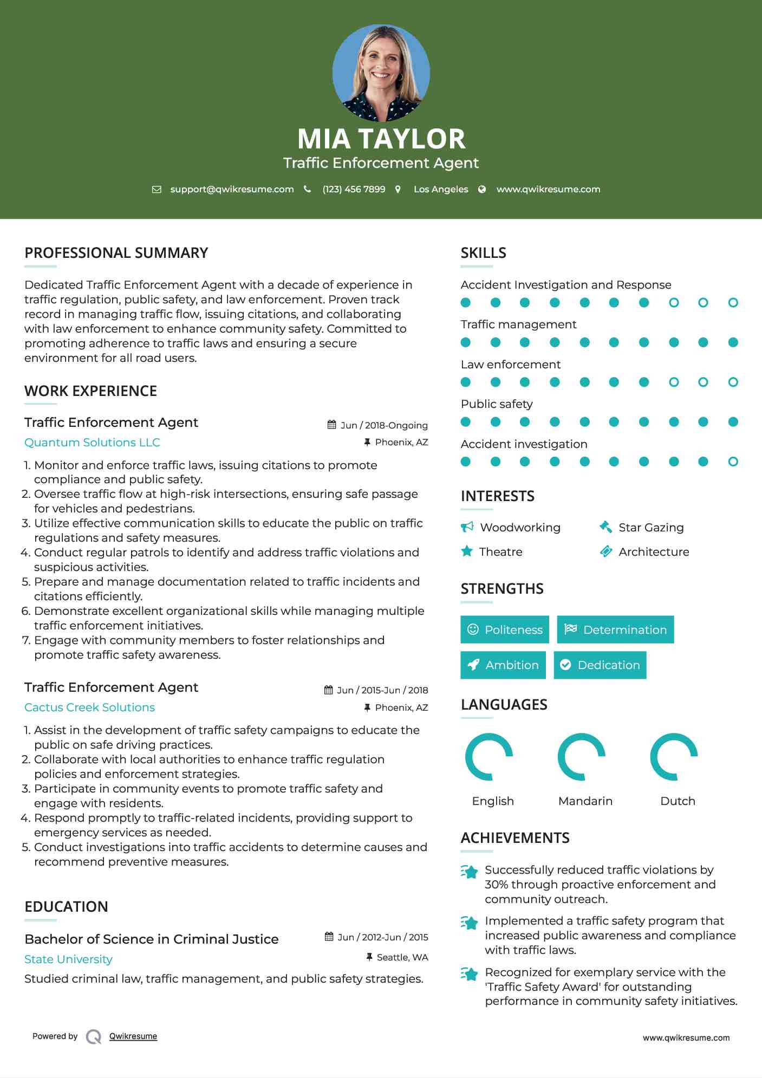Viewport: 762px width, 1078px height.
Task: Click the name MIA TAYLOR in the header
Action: click(x=381, y=139)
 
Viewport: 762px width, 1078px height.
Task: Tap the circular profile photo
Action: click(x=381, y=73)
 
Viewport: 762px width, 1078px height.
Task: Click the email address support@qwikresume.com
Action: click(x=232, y=189)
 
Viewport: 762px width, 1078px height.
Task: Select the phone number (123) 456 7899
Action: click(x=354, y=189)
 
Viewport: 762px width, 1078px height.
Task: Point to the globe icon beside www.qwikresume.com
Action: click(x=482, y=189)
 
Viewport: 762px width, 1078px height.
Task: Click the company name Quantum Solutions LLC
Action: click(x=92, y=443)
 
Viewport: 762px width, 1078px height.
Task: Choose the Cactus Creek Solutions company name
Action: click(x=89, y=707)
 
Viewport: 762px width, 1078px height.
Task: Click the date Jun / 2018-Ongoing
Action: click(x=383, y=425)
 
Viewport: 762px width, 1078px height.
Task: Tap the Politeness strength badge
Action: click(x=505, y=629)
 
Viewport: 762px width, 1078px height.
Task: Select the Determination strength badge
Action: click(x=615, y=629)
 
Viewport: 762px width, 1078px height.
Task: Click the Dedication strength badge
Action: click(x=600, y=665)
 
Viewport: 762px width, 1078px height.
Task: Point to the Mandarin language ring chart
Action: click(x=582, y=757)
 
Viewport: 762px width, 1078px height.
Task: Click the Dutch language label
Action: click(x=678, y=801)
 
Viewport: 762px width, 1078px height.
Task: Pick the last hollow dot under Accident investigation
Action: click(x=733, y=462)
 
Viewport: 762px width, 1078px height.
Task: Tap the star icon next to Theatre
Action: click(x=467, y=551)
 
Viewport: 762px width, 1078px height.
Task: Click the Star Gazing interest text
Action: click(x=651, y=527)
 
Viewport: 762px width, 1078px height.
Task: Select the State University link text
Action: click(x=68, y=959)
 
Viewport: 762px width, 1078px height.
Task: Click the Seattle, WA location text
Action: click(x=402, y=957)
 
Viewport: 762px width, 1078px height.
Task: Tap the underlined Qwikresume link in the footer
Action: click(x=133, y=1036)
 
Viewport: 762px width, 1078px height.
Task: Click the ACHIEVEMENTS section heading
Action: click(x=515, y=838)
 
